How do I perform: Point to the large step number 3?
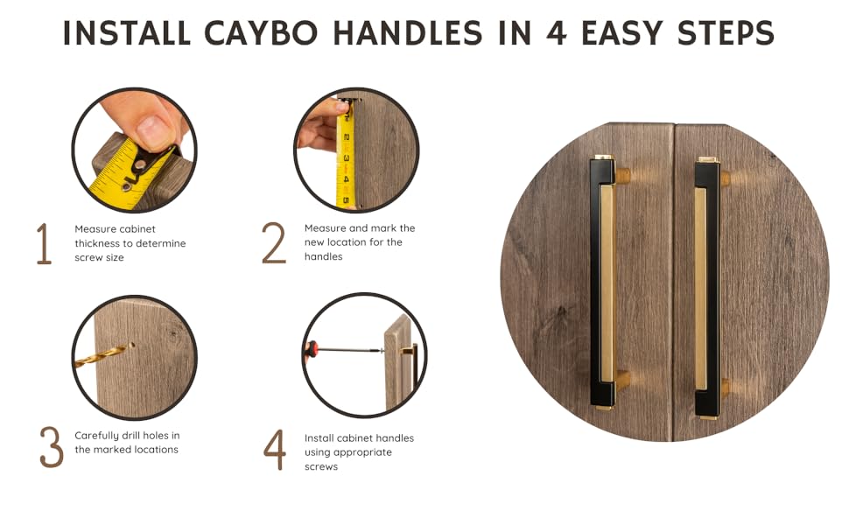point(52,446)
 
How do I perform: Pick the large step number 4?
point(275,449)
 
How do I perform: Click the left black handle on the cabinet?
point(601,282)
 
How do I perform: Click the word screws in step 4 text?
point(321,466)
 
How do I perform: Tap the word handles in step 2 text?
point(323,256)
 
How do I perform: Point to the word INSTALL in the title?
point(126,33)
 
